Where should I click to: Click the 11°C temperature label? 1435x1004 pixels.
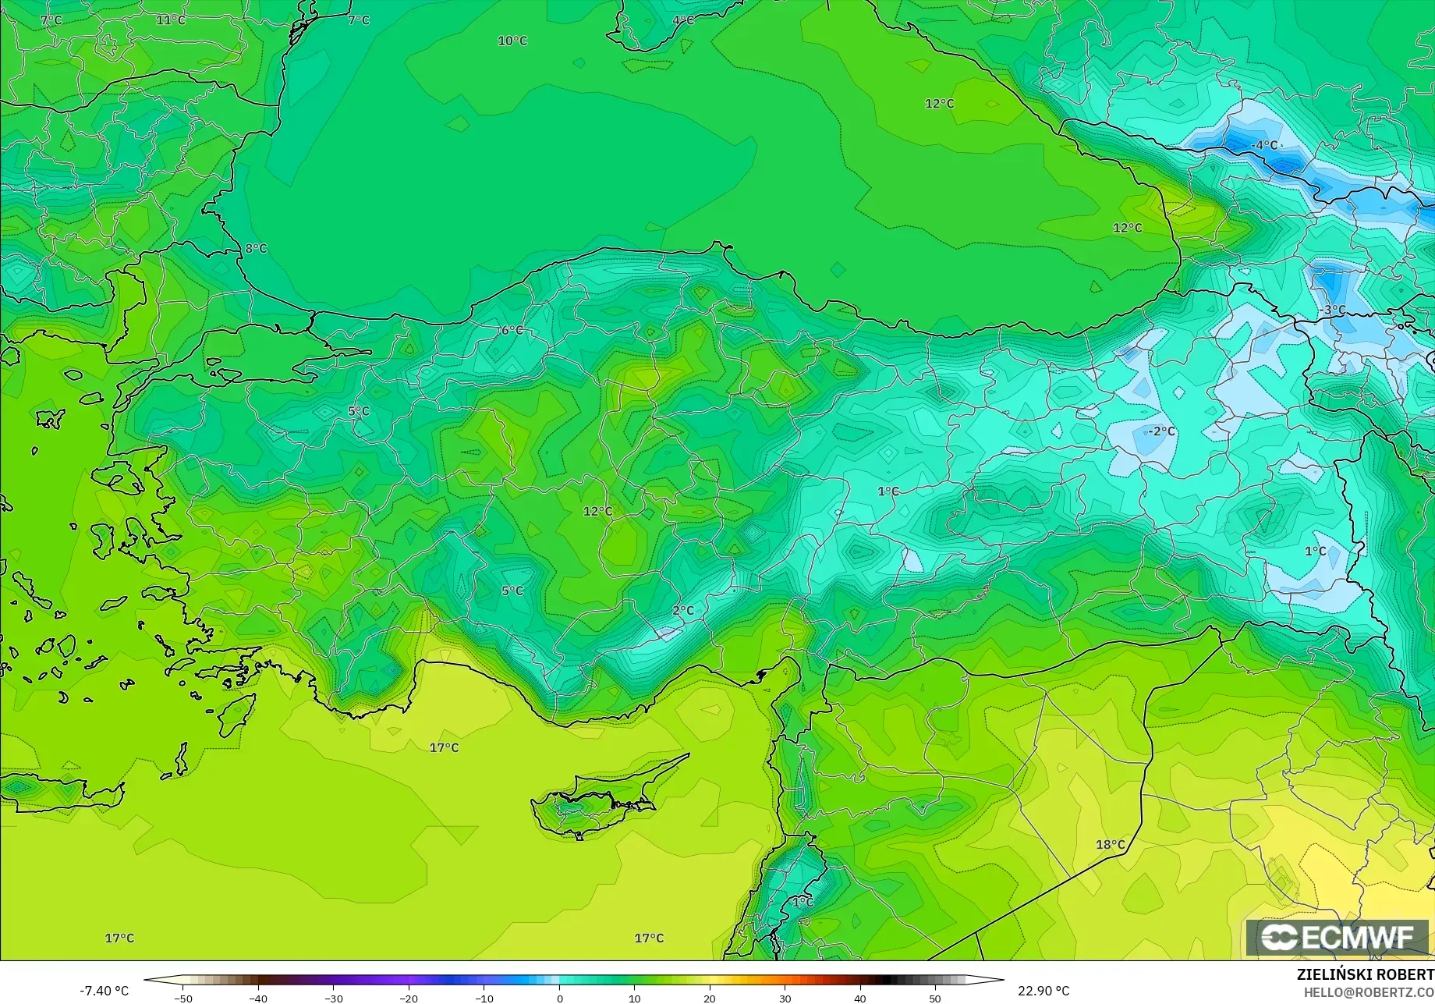(x=171, y=20)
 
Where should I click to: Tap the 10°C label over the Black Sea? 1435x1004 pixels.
(x=512, y=41)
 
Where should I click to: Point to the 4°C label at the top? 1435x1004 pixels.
(x=683, y=20)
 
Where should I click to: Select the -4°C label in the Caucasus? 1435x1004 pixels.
(x=1264, y=145)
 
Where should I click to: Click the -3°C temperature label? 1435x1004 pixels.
(x=1333, y=310)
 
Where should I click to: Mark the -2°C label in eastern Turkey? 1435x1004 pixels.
(x=1161, y=431)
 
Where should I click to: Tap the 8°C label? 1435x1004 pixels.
(x=256, y=249)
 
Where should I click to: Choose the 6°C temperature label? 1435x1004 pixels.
(x=512, y=330)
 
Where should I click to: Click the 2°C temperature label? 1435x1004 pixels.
(x=683, y=610)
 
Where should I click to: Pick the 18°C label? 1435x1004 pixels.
(x=1111, y=844)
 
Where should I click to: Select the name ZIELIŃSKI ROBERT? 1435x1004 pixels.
(x=1365, y=974)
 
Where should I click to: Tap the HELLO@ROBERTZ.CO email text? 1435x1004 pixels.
(x=1369, y=992)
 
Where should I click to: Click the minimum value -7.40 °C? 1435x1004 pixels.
(x=105, y=991)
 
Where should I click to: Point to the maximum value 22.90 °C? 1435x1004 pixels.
(x=1043, y=991)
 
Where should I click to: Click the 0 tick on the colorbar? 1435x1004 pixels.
(x=560, y=998)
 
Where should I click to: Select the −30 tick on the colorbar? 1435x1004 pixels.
(x=334, y=998)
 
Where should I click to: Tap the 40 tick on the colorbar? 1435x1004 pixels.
(x=860, y=998)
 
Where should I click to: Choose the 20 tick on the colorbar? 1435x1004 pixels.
(x=710, y=998)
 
